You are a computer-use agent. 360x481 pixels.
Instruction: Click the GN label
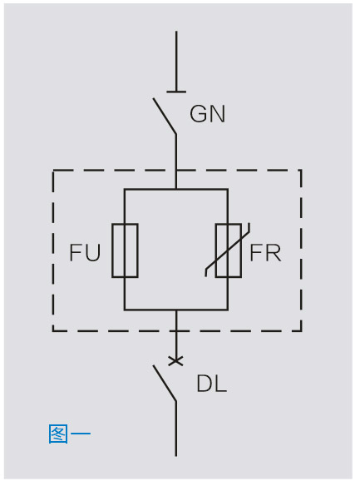(207, 114)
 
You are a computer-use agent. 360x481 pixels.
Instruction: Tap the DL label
(212, 384)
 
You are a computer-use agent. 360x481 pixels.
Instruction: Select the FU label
(85, 252)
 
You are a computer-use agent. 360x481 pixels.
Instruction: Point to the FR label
(265, 252)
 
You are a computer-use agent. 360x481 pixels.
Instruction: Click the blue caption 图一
(70, 434)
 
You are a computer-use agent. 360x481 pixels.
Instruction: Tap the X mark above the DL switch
(176, 361)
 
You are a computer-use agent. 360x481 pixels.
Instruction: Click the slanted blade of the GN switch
(165, 116)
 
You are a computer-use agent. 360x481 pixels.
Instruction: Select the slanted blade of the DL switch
(165, 383)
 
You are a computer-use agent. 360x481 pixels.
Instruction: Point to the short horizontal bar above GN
(176, 92)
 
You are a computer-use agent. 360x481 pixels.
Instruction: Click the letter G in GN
(198, 114)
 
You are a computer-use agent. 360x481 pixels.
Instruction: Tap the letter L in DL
(220, 384)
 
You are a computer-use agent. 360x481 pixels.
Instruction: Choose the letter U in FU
(93, 253)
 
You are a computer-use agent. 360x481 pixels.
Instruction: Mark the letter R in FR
(274, 252)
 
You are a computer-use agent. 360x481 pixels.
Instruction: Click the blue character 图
(58, 434)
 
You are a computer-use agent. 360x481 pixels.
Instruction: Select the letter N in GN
(218, 114)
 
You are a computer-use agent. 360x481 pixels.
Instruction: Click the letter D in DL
(205, 384)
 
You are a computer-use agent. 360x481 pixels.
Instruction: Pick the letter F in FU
(76, 252)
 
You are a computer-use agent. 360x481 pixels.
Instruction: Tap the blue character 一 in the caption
(81, 434)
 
